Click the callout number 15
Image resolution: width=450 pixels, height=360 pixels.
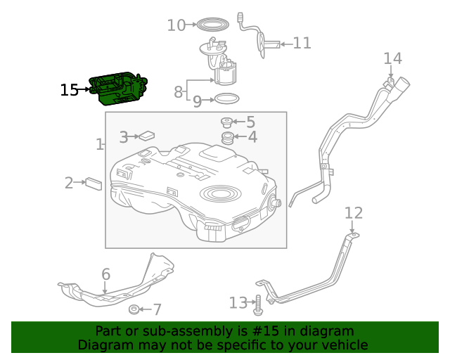tap(69, 90)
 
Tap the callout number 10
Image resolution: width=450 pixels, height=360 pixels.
tap(176, 26)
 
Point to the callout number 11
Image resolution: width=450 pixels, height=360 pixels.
tap(302, 44)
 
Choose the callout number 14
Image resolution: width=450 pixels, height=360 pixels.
tap(392, 58)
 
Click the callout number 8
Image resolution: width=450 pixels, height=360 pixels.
tap(178, 91)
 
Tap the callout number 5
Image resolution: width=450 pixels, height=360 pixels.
tap(250, 122)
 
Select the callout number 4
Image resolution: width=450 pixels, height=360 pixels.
tap(251, 137)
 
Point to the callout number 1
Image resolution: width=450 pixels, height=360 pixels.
tap(99, 145)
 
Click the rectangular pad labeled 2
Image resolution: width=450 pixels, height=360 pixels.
tap(94, 184)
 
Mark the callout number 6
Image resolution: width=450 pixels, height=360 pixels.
tap(105, 274)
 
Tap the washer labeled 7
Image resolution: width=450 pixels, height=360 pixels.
tap(134, 309)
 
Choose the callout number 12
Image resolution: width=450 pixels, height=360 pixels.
tap(354, 213)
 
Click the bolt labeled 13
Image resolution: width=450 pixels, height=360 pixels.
tap(258, 304)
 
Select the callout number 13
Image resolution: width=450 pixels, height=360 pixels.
tap(238, 303)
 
